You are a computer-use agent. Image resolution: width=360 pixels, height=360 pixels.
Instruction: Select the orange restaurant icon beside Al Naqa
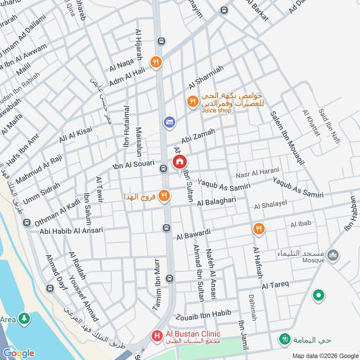[x=156, y=62]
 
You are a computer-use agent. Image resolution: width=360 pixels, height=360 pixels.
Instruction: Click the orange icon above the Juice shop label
[x=193, y=102]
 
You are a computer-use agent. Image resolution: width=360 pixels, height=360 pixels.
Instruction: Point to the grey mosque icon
[x=333, y=256]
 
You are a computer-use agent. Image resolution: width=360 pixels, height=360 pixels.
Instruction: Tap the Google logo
[x=18, y=353]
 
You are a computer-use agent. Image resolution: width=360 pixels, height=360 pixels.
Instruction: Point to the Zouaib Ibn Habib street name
[x=204, y=314]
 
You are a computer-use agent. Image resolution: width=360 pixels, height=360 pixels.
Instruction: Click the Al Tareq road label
[x=275, y=284]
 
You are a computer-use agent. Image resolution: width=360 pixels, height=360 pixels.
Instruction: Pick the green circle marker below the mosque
[x=319, y=296]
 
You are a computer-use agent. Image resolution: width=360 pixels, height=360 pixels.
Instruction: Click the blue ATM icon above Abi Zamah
[x=169, y=122]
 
